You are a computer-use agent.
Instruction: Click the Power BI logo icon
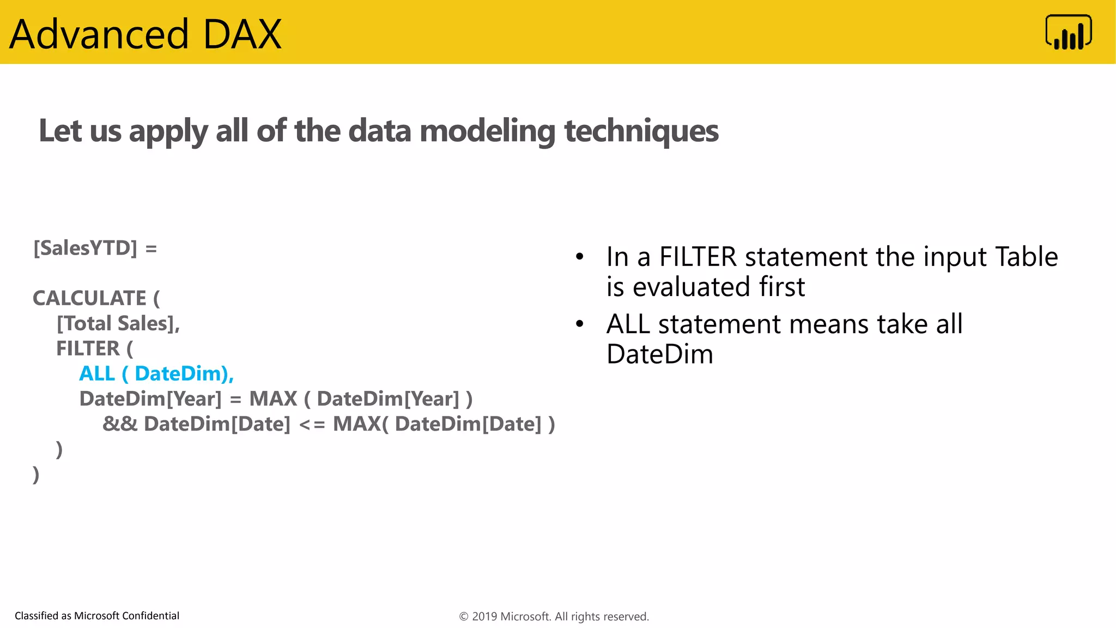coord(1068,33)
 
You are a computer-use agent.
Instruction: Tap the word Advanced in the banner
coord(99,34)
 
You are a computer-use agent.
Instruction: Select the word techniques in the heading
coord(641,131)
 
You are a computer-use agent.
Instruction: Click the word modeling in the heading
coord(487,132)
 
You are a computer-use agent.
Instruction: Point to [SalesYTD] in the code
coord(86,249)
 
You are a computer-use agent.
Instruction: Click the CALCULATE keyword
coord(89,298)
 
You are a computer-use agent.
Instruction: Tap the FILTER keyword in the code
coord(88,349)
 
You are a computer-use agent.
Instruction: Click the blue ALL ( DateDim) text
coord(156,374)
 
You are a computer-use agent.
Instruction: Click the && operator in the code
coord(120,424)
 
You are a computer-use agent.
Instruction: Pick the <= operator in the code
coord(312,425)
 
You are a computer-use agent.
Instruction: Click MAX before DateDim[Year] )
coord(273,399)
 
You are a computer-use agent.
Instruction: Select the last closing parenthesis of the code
coord(36,474)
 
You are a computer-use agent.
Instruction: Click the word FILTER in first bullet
coord(697,257)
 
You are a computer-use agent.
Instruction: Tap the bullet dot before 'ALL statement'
coord(580,324)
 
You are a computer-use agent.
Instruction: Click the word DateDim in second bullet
coord(659,354)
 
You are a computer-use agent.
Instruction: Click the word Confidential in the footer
coord(150,616)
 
